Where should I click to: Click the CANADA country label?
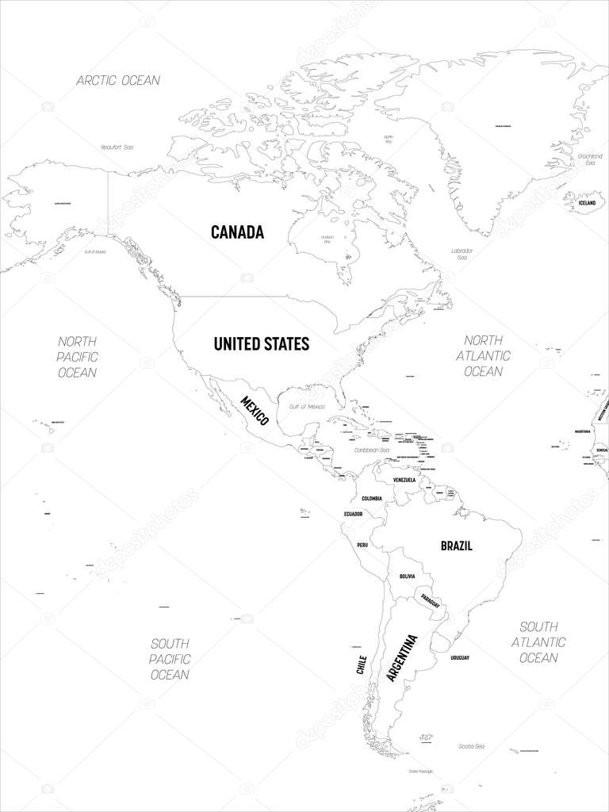[237, 232]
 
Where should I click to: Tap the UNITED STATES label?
[261, 343]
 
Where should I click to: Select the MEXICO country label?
[255, 410]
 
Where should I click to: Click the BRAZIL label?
[457, 546]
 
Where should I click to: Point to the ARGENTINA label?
[401, 658]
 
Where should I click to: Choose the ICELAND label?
[587, 203]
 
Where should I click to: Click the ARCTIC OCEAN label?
[118, 80]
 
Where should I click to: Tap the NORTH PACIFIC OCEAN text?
[78, 356]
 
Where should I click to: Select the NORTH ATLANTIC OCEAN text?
[483, 354]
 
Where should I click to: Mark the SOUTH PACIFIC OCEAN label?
[170, 658]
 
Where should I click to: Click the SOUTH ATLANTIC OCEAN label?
[538, 642]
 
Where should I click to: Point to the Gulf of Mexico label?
[307, 406]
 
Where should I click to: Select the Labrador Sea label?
[462, 255]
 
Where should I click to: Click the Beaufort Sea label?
[117, 147]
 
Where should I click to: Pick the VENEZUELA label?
[404, 480]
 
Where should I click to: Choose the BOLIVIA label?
[408, 576]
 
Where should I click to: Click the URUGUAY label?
[460, 658]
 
